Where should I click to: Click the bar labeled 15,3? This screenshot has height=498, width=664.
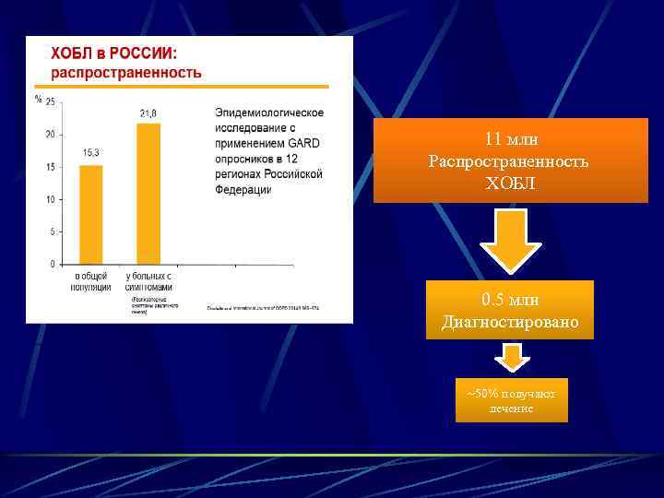pos(90,214)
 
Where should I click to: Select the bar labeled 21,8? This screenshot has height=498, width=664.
pos(148,194)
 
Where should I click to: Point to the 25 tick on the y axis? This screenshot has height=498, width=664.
pos(50,101)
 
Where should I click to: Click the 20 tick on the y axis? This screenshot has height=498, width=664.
pos(50,135)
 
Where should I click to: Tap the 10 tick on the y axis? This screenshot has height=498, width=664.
pos(50,199)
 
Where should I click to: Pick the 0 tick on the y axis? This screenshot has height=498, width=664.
pos(52,264)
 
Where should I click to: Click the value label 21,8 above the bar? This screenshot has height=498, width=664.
pos(148,113)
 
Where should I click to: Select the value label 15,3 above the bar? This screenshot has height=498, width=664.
pos(91,152)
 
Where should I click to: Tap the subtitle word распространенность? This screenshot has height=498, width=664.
pos(125,72)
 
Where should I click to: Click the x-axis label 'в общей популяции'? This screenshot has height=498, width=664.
pos(90,281)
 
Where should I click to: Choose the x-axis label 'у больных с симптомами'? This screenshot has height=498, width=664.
pos(148,281)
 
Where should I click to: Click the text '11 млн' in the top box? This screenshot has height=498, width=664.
pos(510,139)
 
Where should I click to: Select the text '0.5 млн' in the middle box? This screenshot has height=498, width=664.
pos(510,300)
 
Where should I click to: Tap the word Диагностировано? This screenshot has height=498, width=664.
pos(510,322)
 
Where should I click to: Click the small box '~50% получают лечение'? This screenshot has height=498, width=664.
pos(511,400)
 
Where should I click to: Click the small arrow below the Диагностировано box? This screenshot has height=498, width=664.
pos(511,357)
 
